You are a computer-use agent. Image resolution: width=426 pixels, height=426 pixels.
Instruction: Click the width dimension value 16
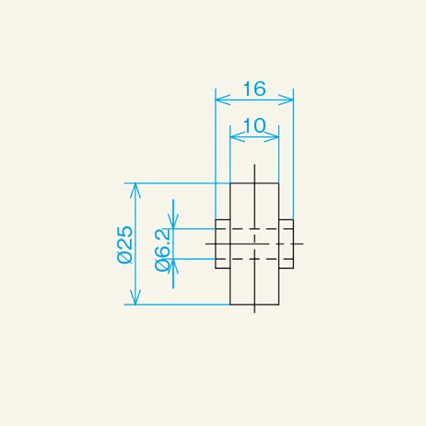253,89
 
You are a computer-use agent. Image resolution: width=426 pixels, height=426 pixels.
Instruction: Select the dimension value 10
253,126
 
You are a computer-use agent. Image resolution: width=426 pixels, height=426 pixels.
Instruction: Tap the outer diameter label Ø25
125,244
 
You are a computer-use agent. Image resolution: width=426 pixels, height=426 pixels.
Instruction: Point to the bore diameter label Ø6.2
163,251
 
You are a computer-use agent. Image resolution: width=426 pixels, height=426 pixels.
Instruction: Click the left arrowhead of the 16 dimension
219,100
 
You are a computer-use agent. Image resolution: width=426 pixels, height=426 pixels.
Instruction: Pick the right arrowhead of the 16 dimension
290,100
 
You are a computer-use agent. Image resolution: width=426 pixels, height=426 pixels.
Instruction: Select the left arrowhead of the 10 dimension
234,137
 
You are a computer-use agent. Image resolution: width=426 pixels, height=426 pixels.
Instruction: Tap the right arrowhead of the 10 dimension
275,137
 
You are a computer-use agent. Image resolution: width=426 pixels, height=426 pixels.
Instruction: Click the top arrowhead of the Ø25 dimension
134,187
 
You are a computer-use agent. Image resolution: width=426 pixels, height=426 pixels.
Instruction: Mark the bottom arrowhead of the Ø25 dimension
134,300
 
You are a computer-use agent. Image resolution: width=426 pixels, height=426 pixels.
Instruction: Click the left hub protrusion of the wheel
223,244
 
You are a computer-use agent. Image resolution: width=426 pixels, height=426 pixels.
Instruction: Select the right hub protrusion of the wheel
286,244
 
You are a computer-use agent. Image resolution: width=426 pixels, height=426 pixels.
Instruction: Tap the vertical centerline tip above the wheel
254,166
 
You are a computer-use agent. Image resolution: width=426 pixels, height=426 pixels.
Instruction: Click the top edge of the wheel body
254,183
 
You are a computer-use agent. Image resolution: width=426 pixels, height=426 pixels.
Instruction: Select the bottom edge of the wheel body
254,305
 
